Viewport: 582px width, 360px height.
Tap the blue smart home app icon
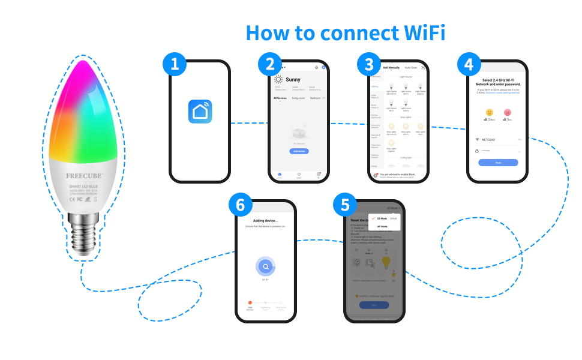tap(200, 112)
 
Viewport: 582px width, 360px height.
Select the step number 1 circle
tap(175, 64)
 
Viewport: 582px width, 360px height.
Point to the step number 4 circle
tap(469, 64)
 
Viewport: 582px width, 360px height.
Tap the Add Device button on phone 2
tap(299, 151)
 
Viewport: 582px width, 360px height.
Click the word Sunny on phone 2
tap(293, 79)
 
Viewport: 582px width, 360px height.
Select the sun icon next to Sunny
tap(278, 79)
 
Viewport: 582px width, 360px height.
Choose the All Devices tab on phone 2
tap(280, 97)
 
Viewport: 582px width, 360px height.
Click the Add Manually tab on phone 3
tap(391, 68)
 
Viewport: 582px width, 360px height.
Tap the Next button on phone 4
tap(498, 163)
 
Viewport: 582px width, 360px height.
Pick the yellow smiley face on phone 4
tap(489, 112)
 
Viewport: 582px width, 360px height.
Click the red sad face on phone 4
tap(507, 112)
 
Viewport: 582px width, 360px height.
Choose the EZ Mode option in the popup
tap(382, 218)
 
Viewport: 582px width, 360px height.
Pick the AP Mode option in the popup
tap(382, 227)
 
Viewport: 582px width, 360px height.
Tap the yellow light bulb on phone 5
tap(386, 263)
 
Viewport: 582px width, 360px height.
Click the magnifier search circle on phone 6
tap(265, 266)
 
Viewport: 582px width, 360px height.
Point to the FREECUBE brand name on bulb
tap(85, 176)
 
